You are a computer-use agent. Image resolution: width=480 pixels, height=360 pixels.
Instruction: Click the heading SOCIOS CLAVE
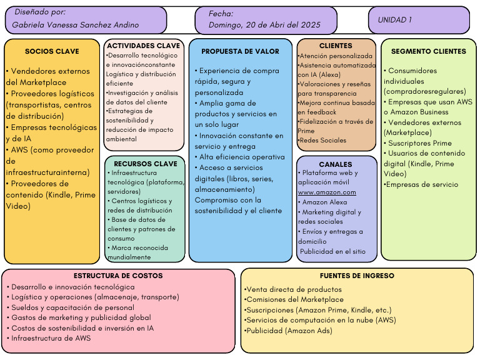pyautogui.click(x=52, y=51)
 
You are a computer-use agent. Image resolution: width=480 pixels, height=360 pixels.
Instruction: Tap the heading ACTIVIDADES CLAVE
pyautogui.click(x=144, y=46)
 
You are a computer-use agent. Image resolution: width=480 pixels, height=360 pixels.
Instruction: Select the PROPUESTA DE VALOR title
pyautogui.click(x=240, y=51)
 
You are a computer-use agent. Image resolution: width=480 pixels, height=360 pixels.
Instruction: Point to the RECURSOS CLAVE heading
pyautogui.click(x=146, y=164)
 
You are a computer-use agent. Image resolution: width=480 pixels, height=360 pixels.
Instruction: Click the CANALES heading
pyautogui.click(x=336, y=164)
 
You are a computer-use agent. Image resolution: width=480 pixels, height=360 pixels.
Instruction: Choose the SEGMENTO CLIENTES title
pyautogui.click(x=429, y=51)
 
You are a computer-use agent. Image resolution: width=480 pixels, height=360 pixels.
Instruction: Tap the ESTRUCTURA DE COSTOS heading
pyautogui.click(x=118, y=276)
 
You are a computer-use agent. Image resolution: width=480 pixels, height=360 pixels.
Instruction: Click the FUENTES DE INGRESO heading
pyautogui.click(x=357, y=276)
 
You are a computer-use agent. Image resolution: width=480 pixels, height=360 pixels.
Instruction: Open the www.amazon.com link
pyautogui.click(x=327, y=192)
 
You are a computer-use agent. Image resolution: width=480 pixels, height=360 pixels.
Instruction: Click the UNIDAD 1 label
pyautogui.click(x=395, y=20)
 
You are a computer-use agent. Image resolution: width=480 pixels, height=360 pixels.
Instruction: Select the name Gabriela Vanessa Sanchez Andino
pyautogui.click(x=75, y=25)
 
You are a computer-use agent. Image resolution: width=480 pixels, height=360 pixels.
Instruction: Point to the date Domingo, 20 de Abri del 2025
pyautogui.click(x=264, y=25)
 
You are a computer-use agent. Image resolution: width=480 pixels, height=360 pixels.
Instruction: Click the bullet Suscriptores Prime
pyautogui.click(x=417, y=143)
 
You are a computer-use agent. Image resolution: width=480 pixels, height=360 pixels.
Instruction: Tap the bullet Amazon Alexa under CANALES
pyautogui.click(x=322, y=202)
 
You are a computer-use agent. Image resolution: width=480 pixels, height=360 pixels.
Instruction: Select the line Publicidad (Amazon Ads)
pyautogui.click(x=288, y=331)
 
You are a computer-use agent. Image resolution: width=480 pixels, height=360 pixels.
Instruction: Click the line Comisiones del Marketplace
pyautogui.click(x=294, y=299)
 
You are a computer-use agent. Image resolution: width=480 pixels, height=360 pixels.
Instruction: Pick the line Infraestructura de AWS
pyautogui.click(x=49, y=338)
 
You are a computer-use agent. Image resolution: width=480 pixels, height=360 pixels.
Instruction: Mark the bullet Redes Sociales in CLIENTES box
pyautogui.click(x=322, y=140)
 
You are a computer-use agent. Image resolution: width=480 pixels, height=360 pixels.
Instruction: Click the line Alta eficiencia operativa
pyautogui.click(x=240, y=157)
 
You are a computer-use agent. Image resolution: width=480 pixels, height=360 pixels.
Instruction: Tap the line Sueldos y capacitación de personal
pyautogui.click(x=71, y=307)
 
